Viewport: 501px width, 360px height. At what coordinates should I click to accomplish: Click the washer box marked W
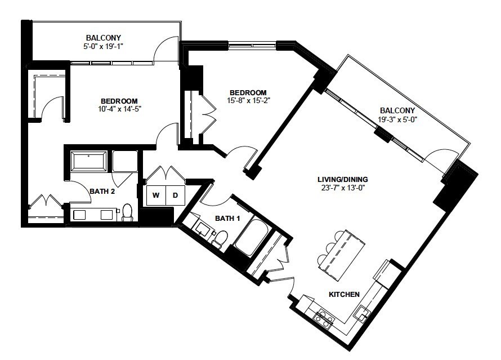point(156,195)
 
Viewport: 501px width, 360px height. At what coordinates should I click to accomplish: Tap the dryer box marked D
point(175,195)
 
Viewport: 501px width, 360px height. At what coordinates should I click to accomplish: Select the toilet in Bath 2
point(127,212)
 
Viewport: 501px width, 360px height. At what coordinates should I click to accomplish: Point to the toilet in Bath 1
point(220,238)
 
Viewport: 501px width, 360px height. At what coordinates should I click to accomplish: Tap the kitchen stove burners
point(323,317)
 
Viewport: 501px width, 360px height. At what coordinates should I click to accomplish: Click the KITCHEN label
point(344,294)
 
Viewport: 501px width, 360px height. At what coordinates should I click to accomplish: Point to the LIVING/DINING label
point(342,179)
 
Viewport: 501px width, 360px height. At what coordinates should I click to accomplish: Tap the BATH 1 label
point(227,219)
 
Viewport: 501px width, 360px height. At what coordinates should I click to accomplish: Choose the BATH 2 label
point(102,192)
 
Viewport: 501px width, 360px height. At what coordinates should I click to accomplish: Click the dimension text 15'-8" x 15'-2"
point(249,100)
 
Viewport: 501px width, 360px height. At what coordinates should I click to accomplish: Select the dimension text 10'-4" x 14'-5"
point(120,109)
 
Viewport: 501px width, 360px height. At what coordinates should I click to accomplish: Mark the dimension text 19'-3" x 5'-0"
point(397,119)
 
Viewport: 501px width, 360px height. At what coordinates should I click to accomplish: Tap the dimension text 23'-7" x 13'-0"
point(343,188)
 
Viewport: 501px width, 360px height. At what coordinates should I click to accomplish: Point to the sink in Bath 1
point(202,228)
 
